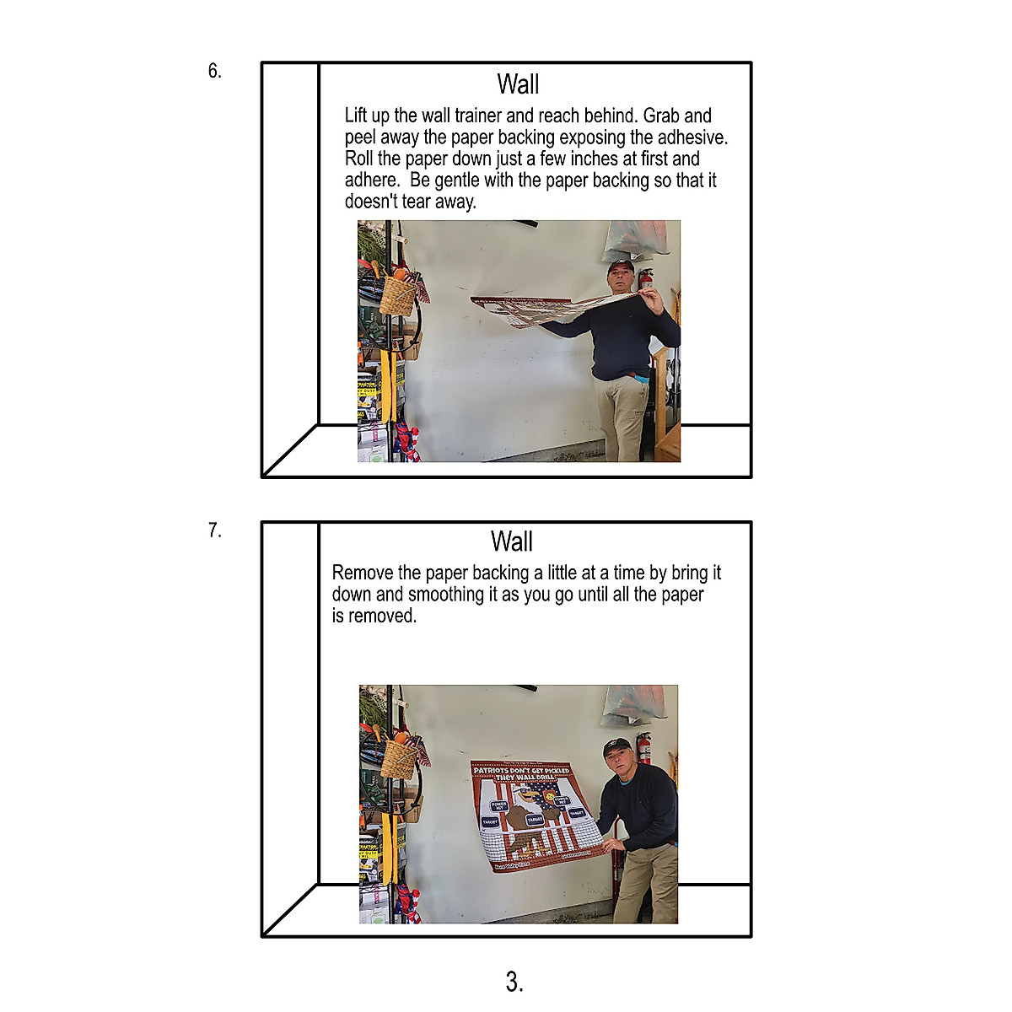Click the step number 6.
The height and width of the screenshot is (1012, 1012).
(215, 71)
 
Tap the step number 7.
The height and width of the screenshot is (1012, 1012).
(215, 530)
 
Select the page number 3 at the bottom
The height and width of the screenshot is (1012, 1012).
(514, 981)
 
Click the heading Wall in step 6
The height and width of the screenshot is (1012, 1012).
(518, 84)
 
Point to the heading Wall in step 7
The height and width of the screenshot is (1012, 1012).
(512, 541)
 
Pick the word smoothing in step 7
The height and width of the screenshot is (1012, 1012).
(446, 595)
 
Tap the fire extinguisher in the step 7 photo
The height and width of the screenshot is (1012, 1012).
(644, 747)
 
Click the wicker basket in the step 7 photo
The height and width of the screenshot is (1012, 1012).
(398, 759)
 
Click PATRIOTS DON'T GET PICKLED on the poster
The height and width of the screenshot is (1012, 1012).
(520, 770)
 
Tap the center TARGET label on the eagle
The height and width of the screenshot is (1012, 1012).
(535, 819)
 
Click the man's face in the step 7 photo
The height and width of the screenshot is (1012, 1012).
(617, 756)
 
